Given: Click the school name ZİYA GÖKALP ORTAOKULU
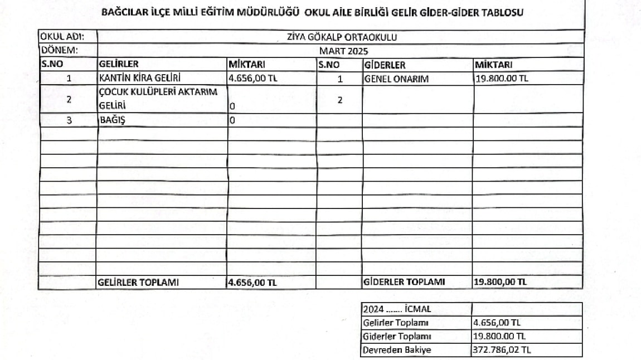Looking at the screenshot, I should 341,37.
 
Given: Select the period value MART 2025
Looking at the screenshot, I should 341,51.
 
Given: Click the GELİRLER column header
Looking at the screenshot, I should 118,65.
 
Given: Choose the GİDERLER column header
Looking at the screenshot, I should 385,65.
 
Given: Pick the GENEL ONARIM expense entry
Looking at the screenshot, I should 396,79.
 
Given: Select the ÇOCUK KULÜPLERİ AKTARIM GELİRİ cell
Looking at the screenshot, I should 158,99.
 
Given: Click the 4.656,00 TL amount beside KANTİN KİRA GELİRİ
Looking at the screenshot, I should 253,79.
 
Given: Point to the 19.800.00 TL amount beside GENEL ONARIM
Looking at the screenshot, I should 501,79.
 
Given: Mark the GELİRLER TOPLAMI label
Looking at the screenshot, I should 138,283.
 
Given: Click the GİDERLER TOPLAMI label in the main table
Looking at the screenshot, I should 404,282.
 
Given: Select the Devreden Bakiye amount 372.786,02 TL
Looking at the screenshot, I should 502,351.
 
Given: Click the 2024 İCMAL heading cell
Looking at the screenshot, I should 397,309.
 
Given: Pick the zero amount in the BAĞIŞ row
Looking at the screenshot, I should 232,120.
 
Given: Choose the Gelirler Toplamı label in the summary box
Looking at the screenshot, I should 395,323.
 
